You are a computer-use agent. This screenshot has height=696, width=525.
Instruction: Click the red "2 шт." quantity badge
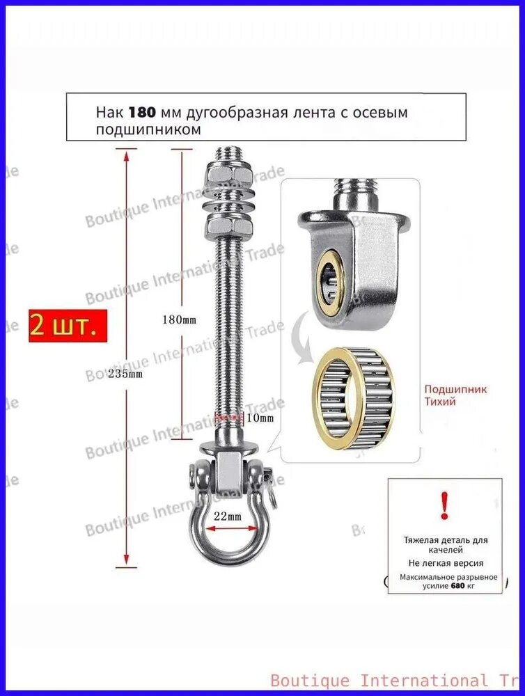68,325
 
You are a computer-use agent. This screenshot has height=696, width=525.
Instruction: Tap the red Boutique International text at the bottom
397,679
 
